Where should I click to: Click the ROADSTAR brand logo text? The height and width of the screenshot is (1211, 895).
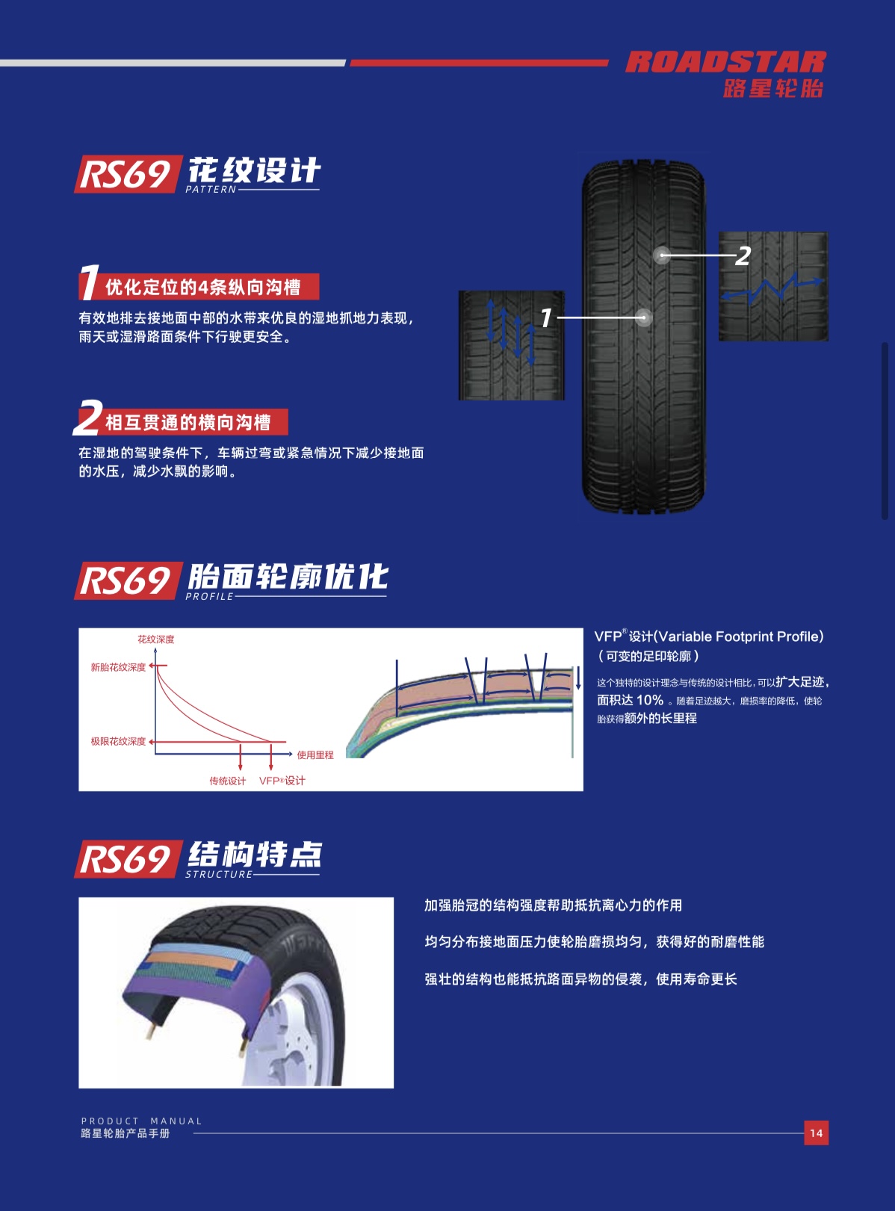coord(725,62)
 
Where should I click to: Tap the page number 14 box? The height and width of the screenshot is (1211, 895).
coord(816,1133)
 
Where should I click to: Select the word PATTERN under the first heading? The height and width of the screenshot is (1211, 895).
coord(211,190)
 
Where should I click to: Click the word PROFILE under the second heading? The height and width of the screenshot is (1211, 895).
coord(209,596)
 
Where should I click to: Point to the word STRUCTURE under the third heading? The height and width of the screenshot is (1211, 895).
coord(219,874)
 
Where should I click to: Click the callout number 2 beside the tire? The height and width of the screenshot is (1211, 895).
coord(742,256)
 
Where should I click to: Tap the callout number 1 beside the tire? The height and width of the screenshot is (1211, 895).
coord(546,318)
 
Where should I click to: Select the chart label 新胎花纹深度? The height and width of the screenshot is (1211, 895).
coord(118,667)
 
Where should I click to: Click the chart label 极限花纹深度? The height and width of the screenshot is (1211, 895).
coord(118,741)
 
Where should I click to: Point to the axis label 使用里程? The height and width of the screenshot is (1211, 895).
coord(315,755)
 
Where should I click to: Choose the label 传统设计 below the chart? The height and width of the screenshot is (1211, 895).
coord(227,781)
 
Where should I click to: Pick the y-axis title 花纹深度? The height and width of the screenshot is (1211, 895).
coord(155,639)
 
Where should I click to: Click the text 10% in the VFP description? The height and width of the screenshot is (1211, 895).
coord(649,700)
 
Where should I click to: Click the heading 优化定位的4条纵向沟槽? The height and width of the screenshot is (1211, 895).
coord(203,288)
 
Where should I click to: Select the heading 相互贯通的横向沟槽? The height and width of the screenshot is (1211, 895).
coord(188,423)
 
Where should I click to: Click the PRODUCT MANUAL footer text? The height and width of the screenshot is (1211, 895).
coord(141,1121)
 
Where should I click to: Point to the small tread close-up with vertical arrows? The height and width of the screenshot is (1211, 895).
coord(511,345)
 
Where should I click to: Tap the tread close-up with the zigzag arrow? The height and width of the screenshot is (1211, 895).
coord(773,287)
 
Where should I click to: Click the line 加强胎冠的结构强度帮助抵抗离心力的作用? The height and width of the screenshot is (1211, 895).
coord(553,905)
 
